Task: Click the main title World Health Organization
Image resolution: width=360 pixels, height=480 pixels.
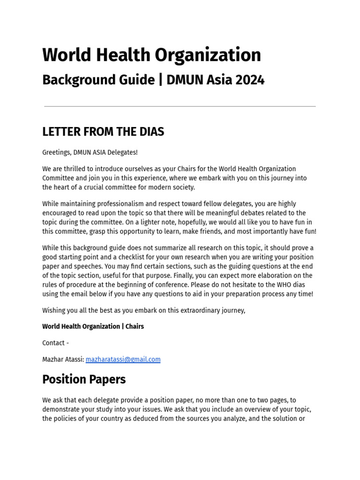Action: tap(151, 55)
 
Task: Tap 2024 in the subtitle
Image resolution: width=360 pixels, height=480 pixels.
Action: tap(250, 80)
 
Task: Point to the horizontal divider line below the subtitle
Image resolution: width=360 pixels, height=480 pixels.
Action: tap(180, 106)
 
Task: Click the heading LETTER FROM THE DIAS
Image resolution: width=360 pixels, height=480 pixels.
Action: tap(103, 132)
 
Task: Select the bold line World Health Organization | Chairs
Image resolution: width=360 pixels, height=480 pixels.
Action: tap(93, 326)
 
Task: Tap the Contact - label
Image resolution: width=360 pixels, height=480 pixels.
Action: tap(55, 343)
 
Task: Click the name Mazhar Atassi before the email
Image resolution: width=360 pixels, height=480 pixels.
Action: tap(63, 360)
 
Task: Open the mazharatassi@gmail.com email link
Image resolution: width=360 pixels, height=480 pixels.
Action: tap(123, 360)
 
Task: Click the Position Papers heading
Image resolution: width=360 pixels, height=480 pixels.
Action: tap(84, 379)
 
